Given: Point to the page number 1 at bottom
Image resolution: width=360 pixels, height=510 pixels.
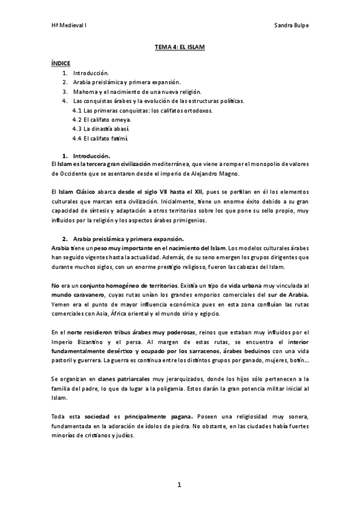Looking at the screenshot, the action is (x=179, y=484).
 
